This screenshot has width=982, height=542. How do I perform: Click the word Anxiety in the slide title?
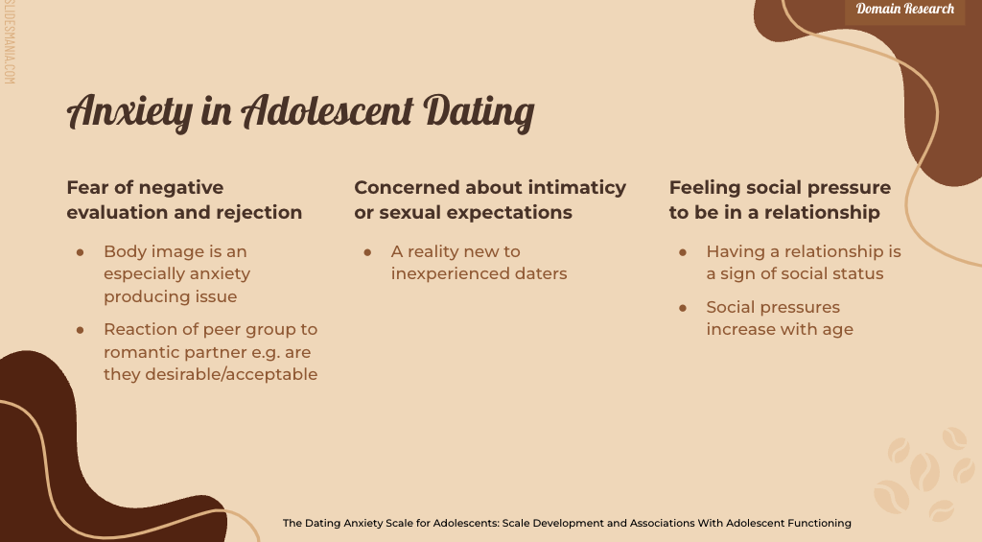[129, 111]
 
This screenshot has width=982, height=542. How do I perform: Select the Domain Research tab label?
[905, 9]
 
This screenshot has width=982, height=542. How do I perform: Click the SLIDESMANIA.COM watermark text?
[9, 42]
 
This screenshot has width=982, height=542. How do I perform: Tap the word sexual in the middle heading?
[408, 212]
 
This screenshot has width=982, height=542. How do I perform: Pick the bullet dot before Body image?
[81, 252]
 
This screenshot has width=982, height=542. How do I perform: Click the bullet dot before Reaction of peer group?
[81, 330]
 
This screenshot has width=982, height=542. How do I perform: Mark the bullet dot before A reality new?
[367, 252]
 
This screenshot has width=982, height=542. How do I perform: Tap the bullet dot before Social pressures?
[683, 308]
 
